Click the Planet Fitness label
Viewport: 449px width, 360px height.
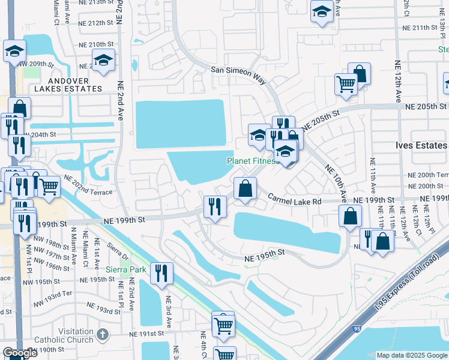[x=252, y=161]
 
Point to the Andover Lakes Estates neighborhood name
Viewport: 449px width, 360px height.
[x=68, y=85]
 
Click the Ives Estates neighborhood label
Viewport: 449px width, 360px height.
[x=421, y=146]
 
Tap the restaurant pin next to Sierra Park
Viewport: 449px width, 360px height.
[x=161, y=273]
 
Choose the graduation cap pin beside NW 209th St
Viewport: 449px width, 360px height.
[x=14, y=51]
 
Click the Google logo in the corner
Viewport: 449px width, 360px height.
[x=20, y=353]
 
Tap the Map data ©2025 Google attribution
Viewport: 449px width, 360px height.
[x=411, y=355]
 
